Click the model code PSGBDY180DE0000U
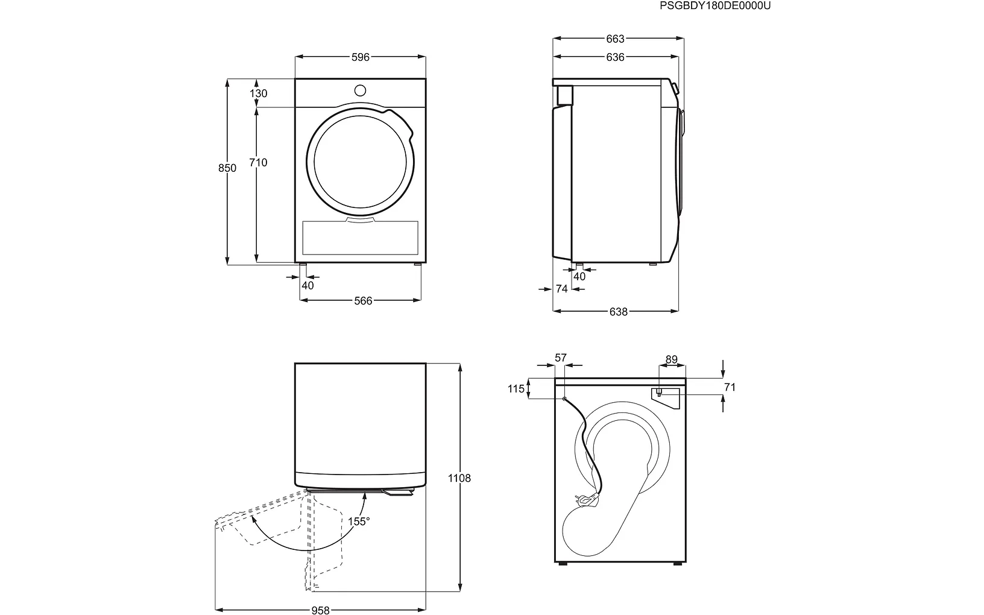715,5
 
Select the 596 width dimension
360,57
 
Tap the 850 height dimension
227,168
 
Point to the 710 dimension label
258,163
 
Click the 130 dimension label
258,93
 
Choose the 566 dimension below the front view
363,301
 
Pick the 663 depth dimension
615,39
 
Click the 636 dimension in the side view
615,57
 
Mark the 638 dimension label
618,312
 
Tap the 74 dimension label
561,289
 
